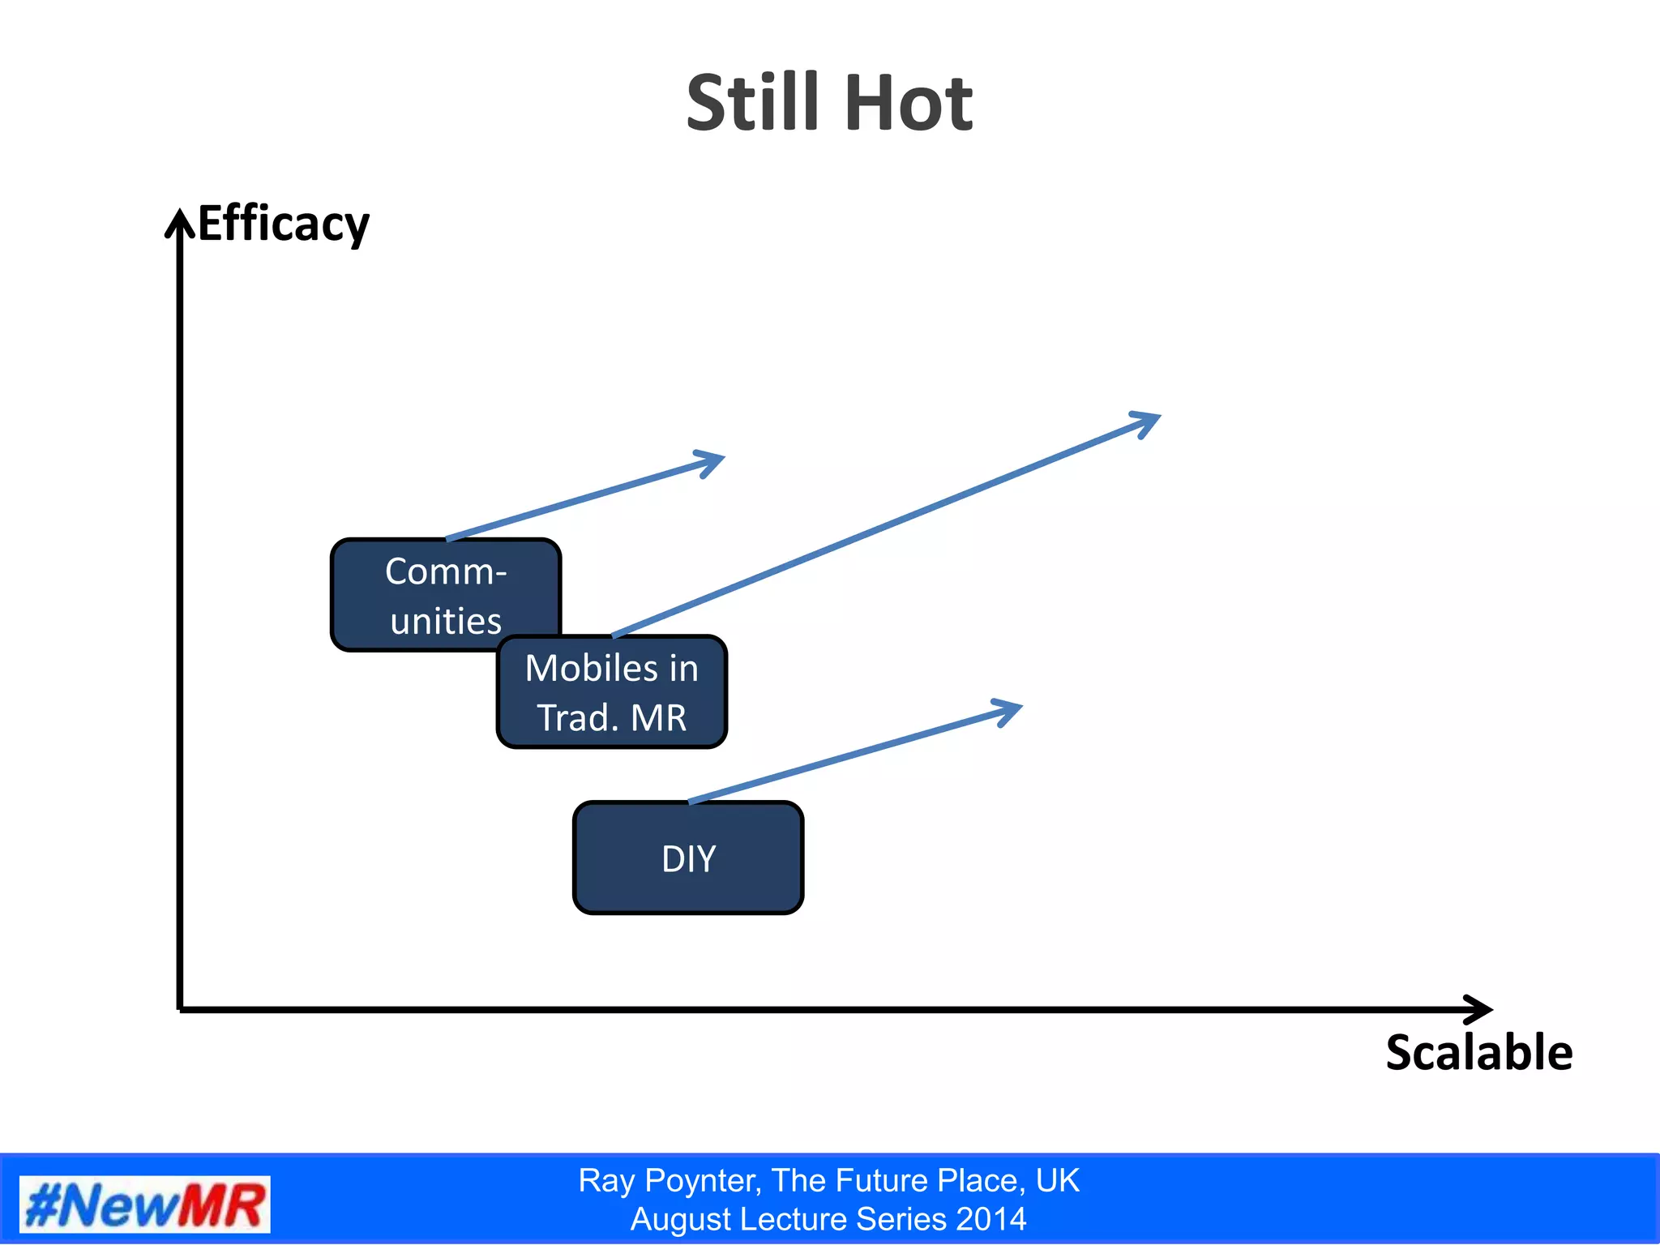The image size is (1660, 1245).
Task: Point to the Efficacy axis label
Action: (x=283, y=223)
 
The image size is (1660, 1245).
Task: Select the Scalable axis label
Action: (x=1478, y=1052)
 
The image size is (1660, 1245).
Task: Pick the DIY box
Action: (x=688, y=858)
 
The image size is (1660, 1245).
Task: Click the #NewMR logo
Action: (x=144, y=1204)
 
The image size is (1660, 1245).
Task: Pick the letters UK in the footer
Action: (x=1057, y=1181)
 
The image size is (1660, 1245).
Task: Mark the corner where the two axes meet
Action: (x=179, y=1009)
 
